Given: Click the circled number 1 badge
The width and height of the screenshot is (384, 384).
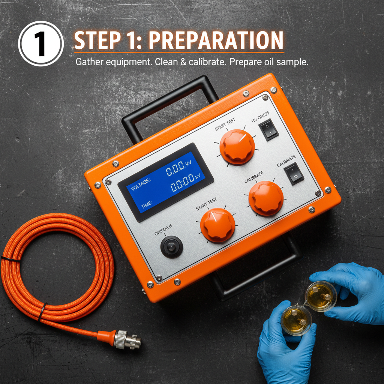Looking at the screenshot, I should pos(40,44).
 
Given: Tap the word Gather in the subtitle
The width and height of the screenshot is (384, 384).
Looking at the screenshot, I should pos(87,62).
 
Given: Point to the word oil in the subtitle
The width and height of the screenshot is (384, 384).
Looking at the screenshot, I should pos(266,62).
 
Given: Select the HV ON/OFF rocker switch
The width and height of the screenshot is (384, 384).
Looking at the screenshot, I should pos(268,129).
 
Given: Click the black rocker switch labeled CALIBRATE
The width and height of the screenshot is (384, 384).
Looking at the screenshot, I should pos(294,173).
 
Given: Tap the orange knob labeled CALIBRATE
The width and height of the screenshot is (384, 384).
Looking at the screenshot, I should pos(266,198).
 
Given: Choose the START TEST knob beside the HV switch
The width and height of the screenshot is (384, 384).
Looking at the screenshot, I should pos(237,147).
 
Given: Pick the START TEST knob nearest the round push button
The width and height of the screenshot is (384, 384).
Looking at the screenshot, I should pos(217,225).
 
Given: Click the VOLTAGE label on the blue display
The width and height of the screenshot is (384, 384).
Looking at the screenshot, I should pos(140,181).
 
